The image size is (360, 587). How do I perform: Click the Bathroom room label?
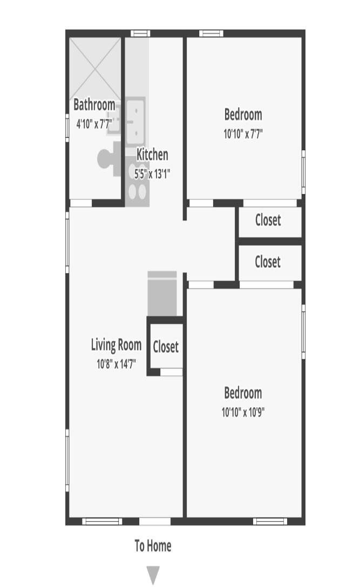[94, 105]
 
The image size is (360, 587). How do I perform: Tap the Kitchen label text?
[152, 154]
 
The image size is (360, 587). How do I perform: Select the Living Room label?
[117, 345]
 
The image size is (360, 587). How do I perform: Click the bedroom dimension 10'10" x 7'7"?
[243, 134]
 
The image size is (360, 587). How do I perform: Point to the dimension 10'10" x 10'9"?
[243, 413]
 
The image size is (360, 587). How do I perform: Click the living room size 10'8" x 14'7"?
[117, 364]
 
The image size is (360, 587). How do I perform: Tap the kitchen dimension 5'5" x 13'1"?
[152, 174]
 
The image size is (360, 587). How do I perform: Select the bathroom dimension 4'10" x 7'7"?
[94, 124]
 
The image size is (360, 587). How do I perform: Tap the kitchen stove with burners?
[137, 182]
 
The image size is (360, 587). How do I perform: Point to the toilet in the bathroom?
[109, 159]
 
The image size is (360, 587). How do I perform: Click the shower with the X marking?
[96, 69]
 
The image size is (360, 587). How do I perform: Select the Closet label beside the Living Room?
[166, 347]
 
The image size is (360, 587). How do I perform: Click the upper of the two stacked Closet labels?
[268, 220]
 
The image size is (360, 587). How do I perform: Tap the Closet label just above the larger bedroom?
[268, 262]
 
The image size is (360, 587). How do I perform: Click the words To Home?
[153, 546]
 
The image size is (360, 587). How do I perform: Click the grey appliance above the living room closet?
[162, 294]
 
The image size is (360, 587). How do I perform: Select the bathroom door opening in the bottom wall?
[81, 203]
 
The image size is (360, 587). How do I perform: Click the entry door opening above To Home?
[155, 521]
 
